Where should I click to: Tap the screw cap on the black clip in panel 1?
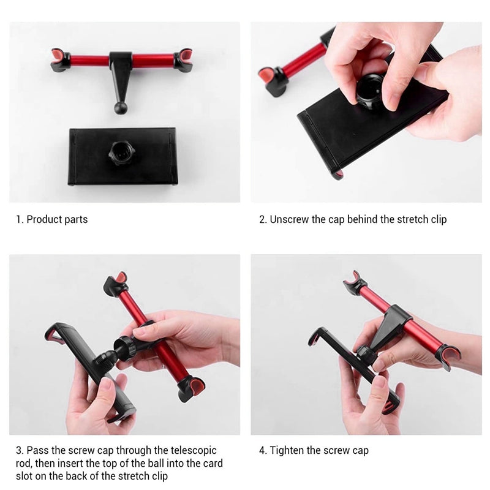[x=122, y=153]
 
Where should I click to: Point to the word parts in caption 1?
[x=76, y=220]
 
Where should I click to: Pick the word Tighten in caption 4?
[x=287, y=451]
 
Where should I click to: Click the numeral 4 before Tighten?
[x=262, y=451]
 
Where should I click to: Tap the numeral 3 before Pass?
[x=20, y=451]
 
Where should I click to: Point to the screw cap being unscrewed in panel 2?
[x=370, y=91]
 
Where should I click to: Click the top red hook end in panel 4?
[x=355, y=282]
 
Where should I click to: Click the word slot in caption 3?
[x=24, y=476]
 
